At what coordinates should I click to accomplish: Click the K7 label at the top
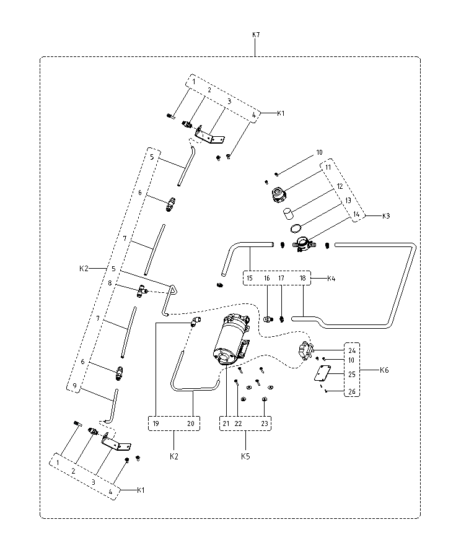[x=256, y=35]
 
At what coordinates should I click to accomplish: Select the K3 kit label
[x=386, y=216]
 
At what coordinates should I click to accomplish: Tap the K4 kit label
[x=331, y=279]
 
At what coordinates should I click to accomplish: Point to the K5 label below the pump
[x=245, y=456]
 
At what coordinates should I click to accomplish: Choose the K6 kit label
[x=384, y=370]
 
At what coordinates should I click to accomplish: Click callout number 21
[x=226, y=424]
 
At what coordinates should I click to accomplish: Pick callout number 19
[x=156, y=424]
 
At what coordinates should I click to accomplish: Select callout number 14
[x=356, y=214]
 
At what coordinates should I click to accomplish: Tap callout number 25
[x=352, y=375]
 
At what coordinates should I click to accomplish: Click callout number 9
[x=74, y=386]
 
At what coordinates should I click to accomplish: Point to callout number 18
[x=302, y=279]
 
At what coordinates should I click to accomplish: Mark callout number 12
[x=340, y=186]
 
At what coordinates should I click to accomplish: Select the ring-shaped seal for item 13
[x=296, y=228]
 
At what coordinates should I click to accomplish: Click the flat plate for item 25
[x=322, y=373]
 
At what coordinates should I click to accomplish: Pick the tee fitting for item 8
[x=142, y=291]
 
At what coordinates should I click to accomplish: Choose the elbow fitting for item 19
[x=196, y=321]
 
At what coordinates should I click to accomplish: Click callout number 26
[x=352, y=392]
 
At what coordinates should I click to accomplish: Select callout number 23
[x=265, y=424]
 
